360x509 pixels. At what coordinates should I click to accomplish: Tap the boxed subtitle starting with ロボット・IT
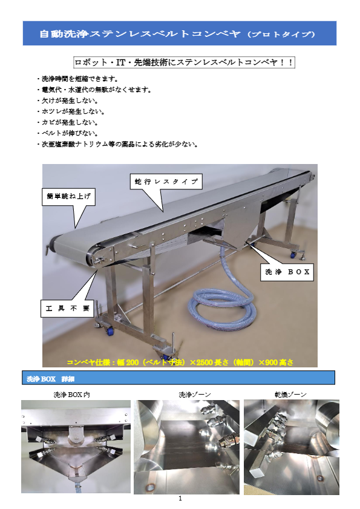click(x=183, y=62)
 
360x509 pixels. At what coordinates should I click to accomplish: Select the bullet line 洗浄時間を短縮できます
click(x=79, y=79)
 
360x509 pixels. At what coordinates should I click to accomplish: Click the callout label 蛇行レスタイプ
click(x=165, y=181)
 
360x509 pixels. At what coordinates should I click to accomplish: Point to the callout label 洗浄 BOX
click(x=287, y=272)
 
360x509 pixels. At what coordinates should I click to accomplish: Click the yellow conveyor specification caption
click(x=180, y=363)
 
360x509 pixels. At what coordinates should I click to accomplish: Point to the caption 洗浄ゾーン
click(x=195, y=395)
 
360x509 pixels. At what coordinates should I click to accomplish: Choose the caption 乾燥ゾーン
click(x=290, y=395)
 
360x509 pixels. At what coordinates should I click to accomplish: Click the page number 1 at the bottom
click(x=180, y=499)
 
